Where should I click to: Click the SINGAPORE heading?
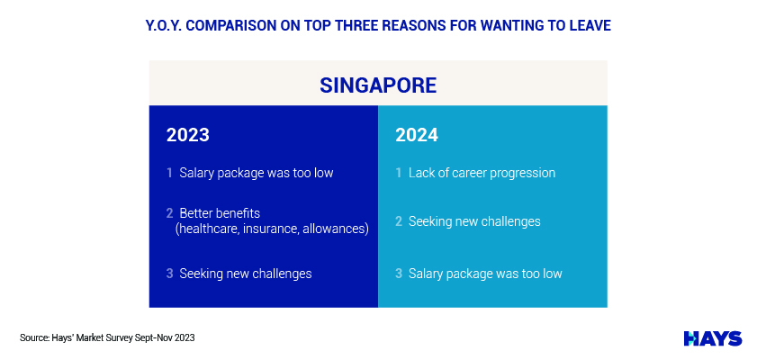(378, 85)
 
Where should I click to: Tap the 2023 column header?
(188, 135)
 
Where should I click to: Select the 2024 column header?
(417, 135)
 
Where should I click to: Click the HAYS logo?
(713, 338)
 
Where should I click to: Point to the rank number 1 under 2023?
(169, 173)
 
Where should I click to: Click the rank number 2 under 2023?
(169, 213)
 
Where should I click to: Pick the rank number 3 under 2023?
(169, 274)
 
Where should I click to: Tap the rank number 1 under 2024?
(398, 173)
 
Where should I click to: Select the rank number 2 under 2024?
(398, 221)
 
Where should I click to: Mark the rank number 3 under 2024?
(398, 274)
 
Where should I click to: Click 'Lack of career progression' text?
(482, 173)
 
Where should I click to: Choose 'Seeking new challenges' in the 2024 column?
(474, 222)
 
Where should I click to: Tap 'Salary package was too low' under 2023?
(257, 173)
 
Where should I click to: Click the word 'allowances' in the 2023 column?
(336, 229)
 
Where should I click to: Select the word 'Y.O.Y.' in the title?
(163, 25)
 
